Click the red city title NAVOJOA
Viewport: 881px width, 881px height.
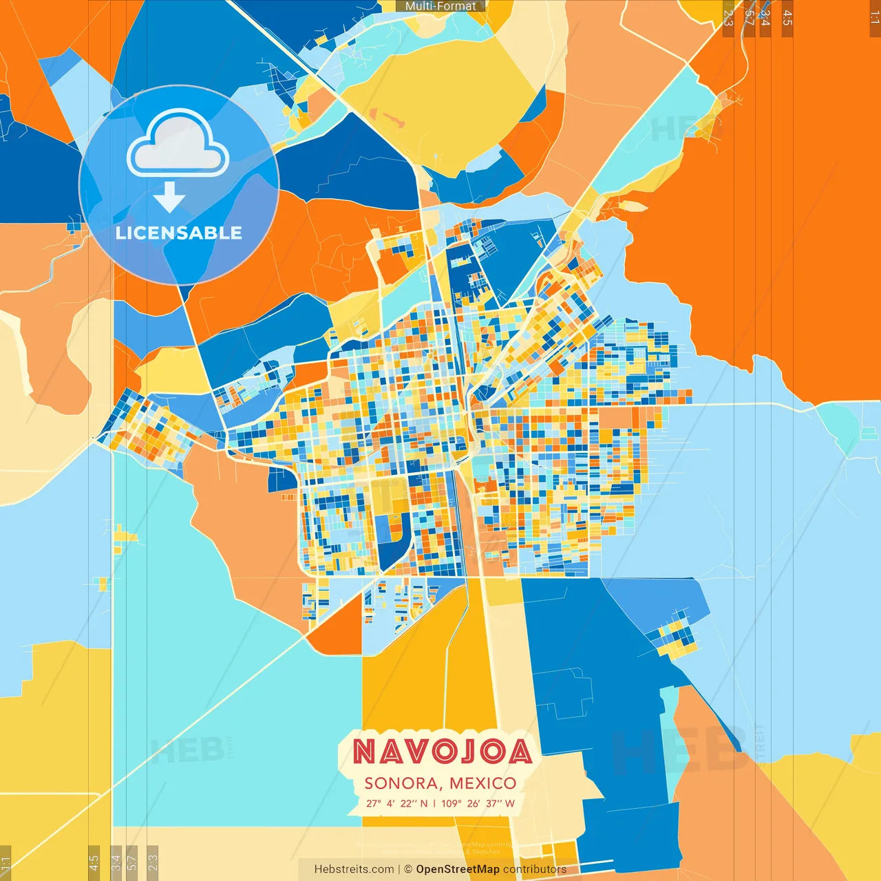coord(443,752)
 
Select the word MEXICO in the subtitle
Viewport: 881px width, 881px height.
coord(482,783)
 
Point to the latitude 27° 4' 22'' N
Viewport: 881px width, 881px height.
coord(396,803)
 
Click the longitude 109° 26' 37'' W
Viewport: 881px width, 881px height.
coord(478,803)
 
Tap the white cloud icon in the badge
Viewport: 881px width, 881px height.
coord(178,145)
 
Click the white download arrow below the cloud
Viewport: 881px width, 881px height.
coord(169,198)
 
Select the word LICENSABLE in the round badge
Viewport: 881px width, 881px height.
coord(179,233)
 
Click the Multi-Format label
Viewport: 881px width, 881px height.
coord(440,6)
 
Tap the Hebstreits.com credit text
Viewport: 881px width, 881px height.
coord(354,869)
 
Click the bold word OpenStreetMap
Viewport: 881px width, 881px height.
coord(458,869)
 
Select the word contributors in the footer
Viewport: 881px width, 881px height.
coord(535,869)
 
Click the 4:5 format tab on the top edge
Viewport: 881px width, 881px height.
coord(787,18)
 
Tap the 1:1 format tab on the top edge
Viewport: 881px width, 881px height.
coord(875,18)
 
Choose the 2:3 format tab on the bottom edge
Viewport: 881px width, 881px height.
coord(153,862)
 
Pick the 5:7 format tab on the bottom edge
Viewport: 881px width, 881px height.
coord(132,862)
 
